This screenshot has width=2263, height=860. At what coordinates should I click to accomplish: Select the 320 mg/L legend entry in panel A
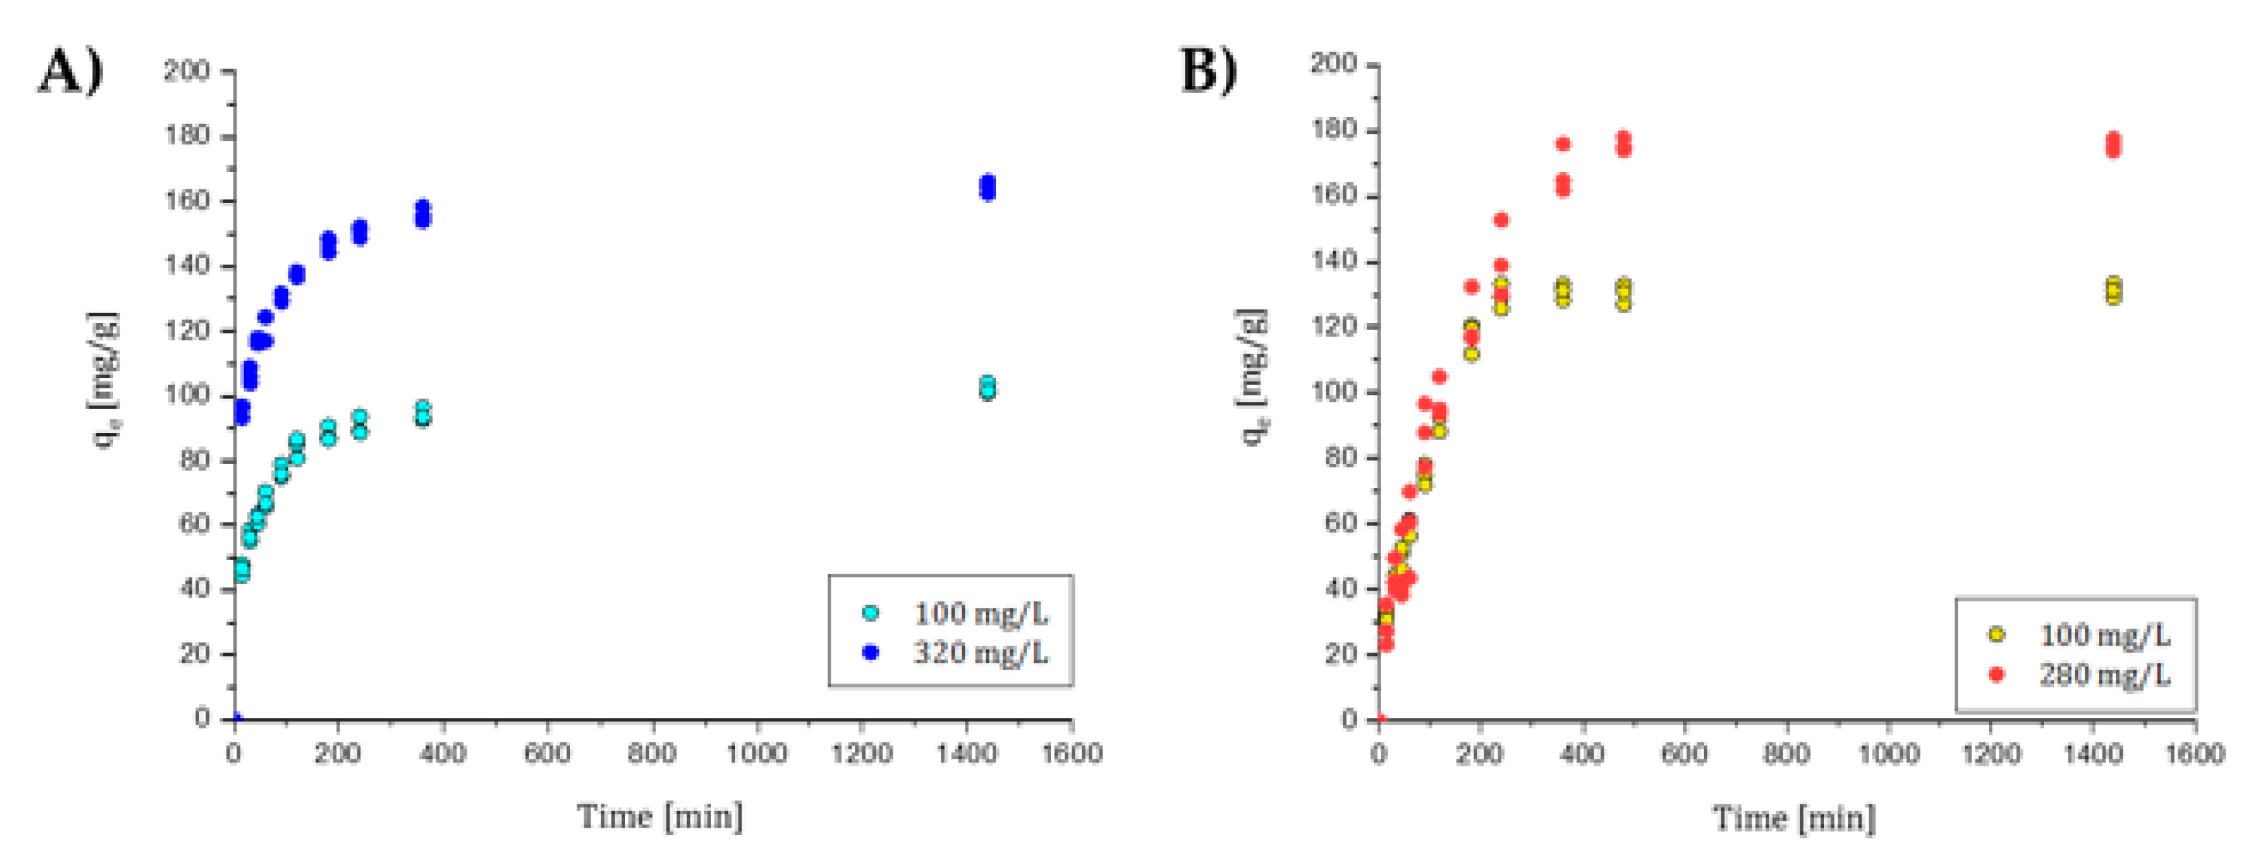coord(979,653)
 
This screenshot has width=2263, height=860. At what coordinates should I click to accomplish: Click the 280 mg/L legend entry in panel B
coord(2105,675)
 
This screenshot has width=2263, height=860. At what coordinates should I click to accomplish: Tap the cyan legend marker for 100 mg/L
coord(871,613)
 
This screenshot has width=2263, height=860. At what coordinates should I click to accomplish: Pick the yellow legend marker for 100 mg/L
coord(1996,635)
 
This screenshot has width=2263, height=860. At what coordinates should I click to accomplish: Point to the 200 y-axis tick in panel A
coord(186,70)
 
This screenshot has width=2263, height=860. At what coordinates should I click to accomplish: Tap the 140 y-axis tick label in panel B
coord(1333,262)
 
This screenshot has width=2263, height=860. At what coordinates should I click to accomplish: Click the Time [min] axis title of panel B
coord(1794,818)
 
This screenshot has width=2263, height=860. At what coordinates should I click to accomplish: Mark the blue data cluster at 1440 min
coord(988,187)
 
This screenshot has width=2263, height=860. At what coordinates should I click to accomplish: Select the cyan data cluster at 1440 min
coord(988,388)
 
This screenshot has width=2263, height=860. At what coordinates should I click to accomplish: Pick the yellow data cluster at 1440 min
coord(2114,291)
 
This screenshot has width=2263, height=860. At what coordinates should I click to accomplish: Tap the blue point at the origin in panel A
coord(235,718)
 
